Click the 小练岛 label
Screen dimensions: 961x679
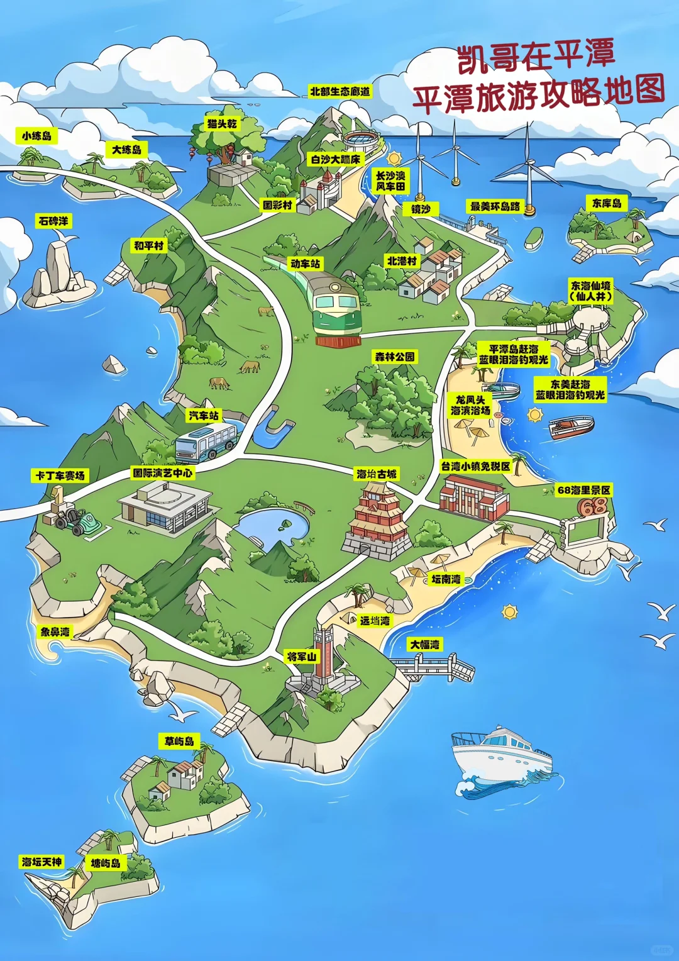(x=36, y=135)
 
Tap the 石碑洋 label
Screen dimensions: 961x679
(x=53, y=221)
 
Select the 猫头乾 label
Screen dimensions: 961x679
(x=223, y=124)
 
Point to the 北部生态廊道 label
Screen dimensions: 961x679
(x=340, y=91)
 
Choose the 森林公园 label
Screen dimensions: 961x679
(x=395, y=357)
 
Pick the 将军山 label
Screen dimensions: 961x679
(x=302, y=657)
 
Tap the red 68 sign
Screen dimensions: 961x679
(x=592, y=507)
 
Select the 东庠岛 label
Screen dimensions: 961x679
(x=607, y=203)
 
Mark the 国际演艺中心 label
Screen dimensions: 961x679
(x=163, y=472)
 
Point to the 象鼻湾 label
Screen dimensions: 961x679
(x=55, y=631)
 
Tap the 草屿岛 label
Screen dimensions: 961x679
(x=179, y=741)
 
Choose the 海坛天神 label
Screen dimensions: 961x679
(x=42, y=862)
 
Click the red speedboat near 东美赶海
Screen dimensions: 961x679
(x=571, y=428)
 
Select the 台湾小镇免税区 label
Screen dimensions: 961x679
(x=475, y=466)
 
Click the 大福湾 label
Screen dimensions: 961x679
(x=426, y=644)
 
